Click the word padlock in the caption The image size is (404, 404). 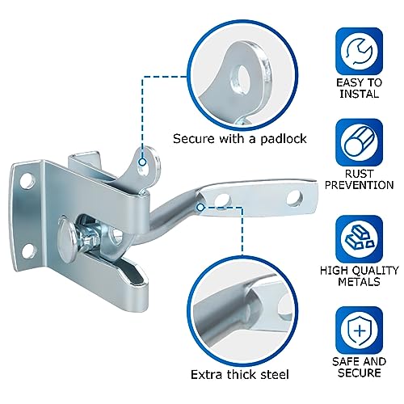click(282, 139)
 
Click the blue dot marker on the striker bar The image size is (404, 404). click(200, 206)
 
